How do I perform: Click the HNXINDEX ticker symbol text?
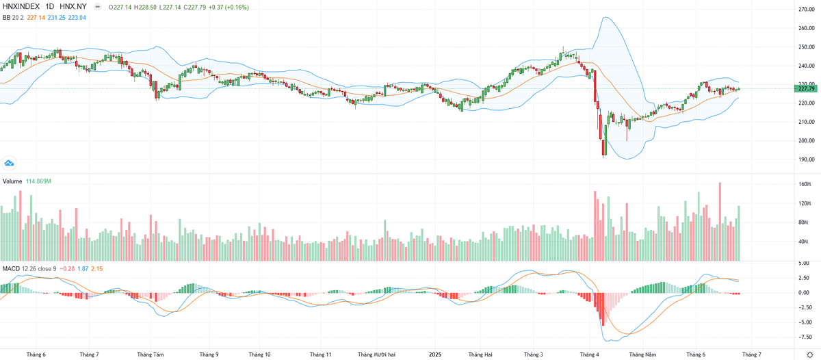coord(21,8)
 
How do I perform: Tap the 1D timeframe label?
coord(50,8)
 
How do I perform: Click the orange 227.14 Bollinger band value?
coord(36,18)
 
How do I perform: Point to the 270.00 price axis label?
coord(806,10)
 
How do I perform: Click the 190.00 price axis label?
coord(806,159)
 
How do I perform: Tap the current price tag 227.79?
coord(807,88)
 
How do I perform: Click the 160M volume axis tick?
coord(805,185)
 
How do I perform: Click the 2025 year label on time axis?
coord(434,355)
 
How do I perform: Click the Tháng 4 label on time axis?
coord(588,355)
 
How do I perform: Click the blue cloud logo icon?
coord(10,163)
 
